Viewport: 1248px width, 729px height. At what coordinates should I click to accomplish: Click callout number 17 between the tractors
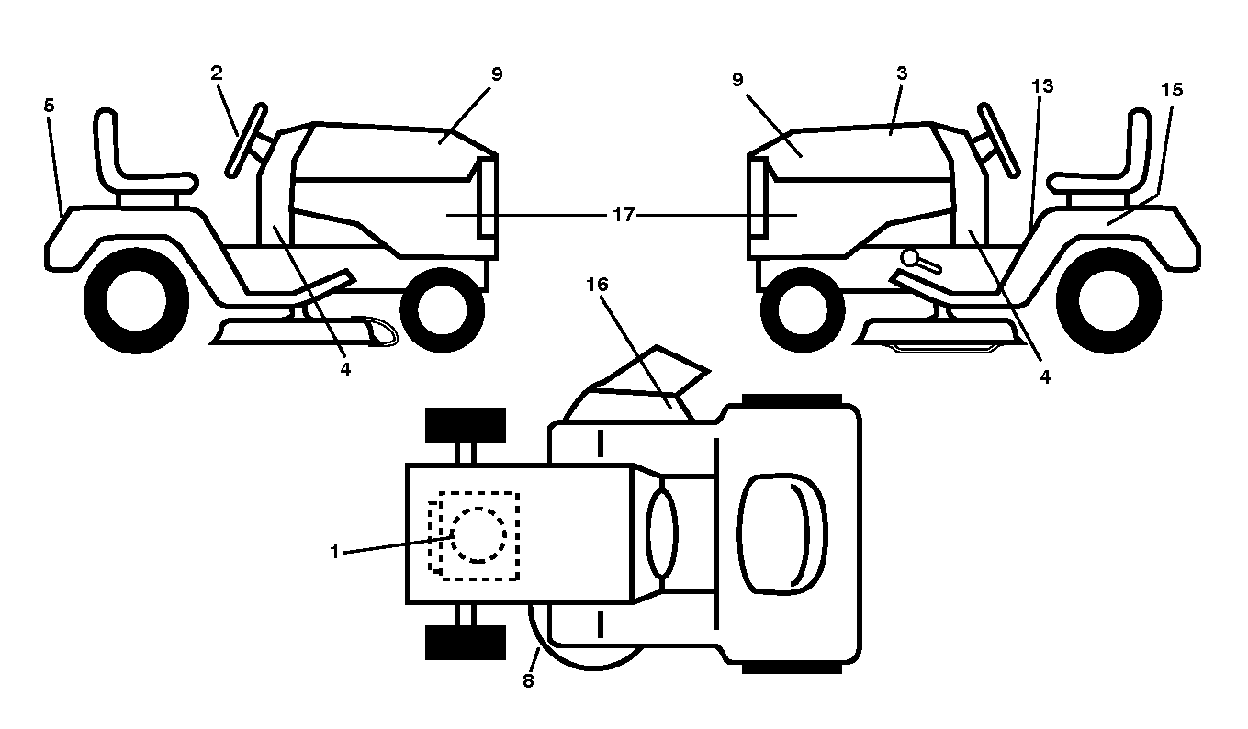pyautogui.click(x=624, y=215)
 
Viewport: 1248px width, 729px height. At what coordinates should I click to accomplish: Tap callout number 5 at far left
pyautogui.click(x=50, y=106)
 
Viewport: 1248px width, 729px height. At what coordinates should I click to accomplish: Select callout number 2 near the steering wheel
pyautogui.click(x=217, y=73)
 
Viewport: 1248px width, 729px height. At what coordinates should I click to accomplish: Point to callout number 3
pyautogui.click(x=902, y=73)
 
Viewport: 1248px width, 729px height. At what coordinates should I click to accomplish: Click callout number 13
pyautogui.click(x=1042, y=86)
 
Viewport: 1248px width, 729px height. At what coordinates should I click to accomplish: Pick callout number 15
pyautogui.click(x=1172, y=90)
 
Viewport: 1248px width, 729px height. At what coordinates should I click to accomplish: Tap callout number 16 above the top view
pyautogui.click(x=597, y=285)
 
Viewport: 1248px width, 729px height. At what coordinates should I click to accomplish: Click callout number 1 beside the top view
pyautogui.click(x=334, y=552)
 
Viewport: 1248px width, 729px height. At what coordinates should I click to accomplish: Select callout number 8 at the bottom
pyautogui.click(x=528, y=680)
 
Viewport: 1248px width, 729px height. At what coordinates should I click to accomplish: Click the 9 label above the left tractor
pyautogui.click(x=497, y=74)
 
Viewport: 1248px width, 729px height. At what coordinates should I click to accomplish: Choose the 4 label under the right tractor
pyautogui.click(x=1045, y=377)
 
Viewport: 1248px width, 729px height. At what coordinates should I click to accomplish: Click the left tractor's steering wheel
pyautogui.click(x=246, y=140)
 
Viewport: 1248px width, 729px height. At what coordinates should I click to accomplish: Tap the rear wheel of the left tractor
pyautogui.click(x=137, y=301)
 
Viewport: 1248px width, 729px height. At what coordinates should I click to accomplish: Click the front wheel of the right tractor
pyautogui.click(x=803, y=309)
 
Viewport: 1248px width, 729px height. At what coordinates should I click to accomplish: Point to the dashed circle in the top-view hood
pyautogui.click(x=478, y=534)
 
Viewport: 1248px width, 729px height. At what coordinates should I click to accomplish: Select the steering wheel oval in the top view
pyautogui.click(x=663, y=533)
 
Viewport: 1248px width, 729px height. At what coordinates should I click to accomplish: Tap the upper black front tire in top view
pyautogui.click(x=466, y=425)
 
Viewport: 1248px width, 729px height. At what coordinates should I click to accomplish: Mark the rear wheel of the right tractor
pyautogui.click(x=1108, y=301)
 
